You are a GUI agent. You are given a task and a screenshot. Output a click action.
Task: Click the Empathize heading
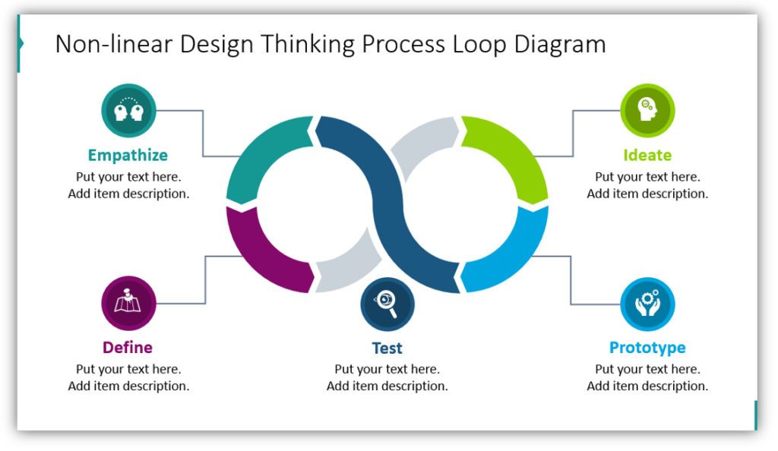(x=128, y=156)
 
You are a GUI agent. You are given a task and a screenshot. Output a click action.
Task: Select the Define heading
(x=128, y=348)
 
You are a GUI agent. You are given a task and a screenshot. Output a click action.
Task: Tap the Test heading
(x=387, y=348)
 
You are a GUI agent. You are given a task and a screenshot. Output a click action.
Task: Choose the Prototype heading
(x=647, y=348)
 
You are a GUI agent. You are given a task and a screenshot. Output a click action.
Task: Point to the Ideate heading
(x=647, y=156)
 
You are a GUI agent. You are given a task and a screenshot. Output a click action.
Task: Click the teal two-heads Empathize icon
(x=128, y=111)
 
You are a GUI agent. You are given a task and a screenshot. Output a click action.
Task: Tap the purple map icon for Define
(x=128, y=304)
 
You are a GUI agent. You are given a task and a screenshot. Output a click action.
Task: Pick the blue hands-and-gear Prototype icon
(x=647, y=304)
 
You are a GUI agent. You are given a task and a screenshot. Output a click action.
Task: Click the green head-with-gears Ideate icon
(x=647, y=111)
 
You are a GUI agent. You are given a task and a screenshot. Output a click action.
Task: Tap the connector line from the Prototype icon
(x=571, y=281)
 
